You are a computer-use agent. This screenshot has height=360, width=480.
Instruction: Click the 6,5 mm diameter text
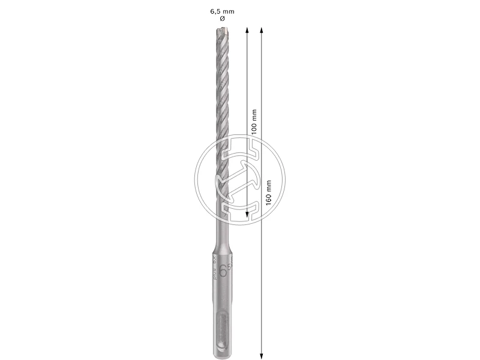click(x=222, y=10)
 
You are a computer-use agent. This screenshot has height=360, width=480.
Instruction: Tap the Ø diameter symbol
click(x=222, y=19)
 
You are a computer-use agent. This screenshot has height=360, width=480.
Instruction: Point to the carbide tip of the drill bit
click(x=222, y=28)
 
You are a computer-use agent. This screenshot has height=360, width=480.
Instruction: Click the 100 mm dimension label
click(x=254, y=121)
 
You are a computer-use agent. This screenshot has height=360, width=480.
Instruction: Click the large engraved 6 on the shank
click(x=223, y=270)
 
